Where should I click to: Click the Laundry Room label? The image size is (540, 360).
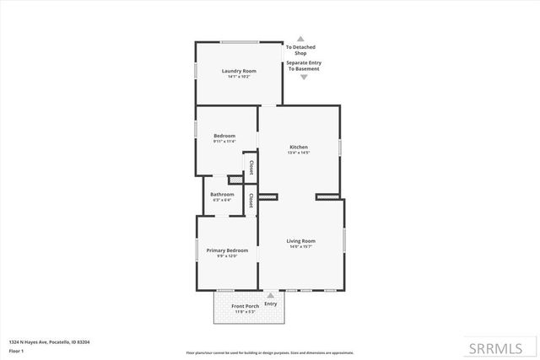pos(238,71)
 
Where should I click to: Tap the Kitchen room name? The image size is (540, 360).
pos(299,147)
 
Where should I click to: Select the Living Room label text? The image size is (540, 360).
pos(302,240)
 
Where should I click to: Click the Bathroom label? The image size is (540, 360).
pos(222,195)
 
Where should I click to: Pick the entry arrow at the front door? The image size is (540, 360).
pos(270,295)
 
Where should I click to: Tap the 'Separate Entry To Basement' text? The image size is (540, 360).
pos(303,66)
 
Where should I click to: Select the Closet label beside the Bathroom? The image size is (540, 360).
pos(251,200)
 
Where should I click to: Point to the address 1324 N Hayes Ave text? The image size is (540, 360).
pos(49,341)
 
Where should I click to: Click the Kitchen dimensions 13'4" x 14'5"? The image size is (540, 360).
pos(299,153)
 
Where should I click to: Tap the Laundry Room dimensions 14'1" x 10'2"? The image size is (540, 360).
pos(238,77)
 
